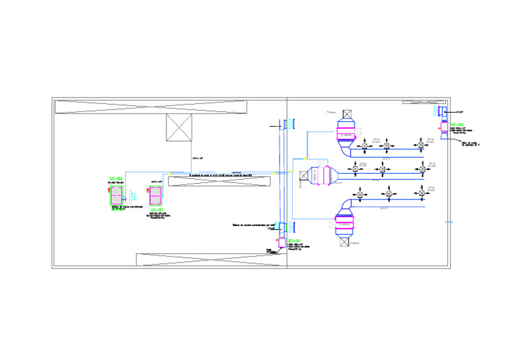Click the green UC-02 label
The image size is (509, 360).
point(116,179)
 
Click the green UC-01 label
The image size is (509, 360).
point(157,210)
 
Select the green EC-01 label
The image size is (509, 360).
point(295,239)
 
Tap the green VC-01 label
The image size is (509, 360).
point(457,125)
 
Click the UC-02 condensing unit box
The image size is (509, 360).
point(117,196)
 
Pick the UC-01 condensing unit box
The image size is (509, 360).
point(157,196)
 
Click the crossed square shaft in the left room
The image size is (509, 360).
point(179,127)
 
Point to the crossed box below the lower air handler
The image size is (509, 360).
point(345,242)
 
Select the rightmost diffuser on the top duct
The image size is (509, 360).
point(420,145)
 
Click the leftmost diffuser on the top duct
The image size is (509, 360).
point(364,145)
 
